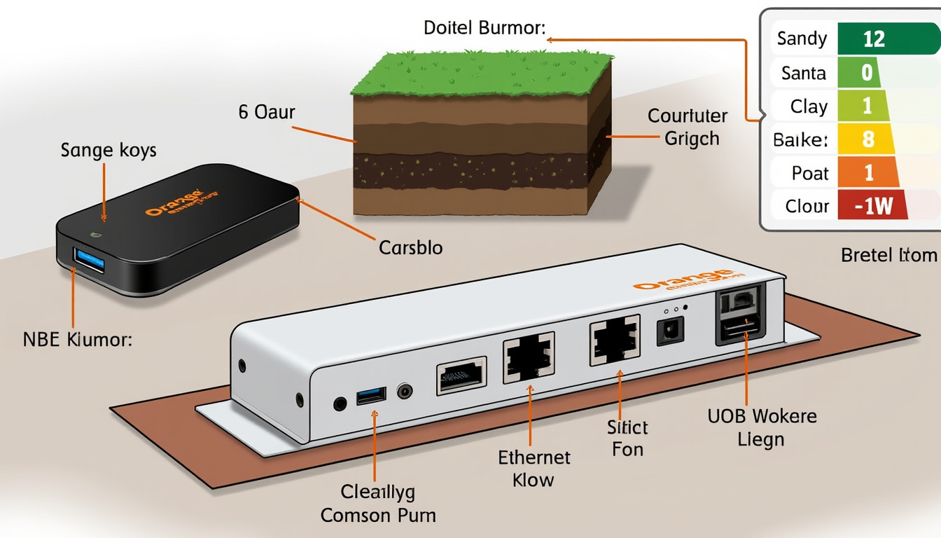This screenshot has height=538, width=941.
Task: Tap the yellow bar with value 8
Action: [869, 139]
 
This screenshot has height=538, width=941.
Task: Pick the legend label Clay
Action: [809, 106]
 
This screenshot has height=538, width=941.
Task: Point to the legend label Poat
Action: [810, 173]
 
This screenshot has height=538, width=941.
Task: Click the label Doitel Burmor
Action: [485, 29]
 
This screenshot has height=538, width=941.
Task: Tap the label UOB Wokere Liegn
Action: [762, 427]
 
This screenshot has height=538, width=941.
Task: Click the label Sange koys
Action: [109, 150]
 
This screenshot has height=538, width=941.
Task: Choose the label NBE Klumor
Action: [77, 341]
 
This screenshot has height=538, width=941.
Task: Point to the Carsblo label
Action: [410, 247]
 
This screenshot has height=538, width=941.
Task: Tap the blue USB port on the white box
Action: [370, 396]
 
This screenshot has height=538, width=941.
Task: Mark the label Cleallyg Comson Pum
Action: [378, 503]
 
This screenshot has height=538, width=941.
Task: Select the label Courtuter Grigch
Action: [687, 127]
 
